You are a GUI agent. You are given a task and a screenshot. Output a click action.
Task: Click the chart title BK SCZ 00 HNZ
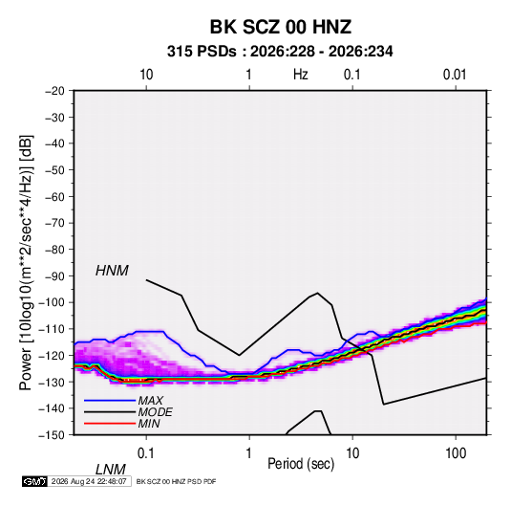[x=281, y=27]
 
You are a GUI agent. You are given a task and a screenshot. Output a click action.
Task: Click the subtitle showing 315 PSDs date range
[x=280, y=52]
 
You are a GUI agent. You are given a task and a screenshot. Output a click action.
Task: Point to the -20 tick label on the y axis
[x=54, y=91]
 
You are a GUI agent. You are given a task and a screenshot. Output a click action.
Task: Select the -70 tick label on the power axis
[x=54, y=223]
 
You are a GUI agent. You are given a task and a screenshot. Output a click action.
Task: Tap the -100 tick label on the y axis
[x=52, y=302]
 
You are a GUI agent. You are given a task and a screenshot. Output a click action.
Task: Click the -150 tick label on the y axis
[x=52, y=435]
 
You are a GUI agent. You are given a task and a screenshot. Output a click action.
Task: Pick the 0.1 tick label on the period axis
[x=146, y=453]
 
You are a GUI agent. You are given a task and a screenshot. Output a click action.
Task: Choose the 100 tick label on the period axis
[x=456, y=453]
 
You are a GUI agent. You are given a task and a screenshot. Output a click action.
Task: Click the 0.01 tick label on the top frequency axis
[x=455, y=75]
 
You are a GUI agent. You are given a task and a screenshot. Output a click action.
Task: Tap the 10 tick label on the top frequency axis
[x=146, y=75]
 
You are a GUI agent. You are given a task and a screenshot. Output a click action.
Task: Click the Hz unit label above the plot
[x=301, y=75]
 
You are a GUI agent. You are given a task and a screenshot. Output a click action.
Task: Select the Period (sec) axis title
[x=301, y=464]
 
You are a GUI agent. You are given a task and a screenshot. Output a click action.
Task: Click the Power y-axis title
[x=26, y=263]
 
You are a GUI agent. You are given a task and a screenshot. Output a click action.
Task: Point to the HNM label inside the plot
[x=112, y=271]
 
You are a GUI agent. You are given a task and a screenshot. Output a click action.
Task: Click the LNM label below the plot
[x=111, y=470]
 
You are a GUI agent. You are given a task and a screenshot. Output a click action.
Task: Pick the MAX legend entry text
[x=151, y=401]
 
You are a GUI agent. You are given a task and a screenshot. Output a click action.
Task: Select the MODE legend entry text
[x=155, y=412]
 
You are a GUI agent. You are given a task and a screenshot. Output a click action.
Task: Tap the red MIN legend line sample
[x=110, y=424]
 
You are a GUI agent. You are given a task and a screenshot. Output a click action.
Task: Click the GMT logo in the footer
[x=34, y=481]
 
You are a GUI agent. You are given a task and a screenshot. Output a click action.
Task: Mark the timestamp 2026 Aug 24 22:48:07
[x=89, y=481]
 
